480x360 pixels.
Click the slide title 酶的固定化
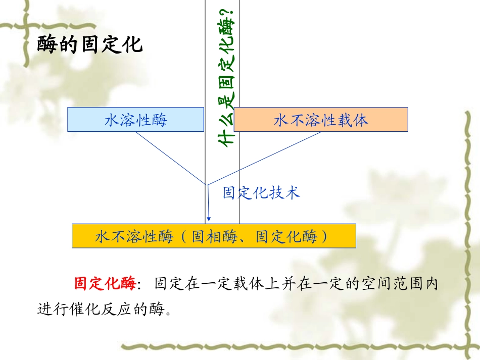tap(90, 45)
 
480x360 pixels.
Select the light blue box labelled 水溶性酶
tap(135, 120)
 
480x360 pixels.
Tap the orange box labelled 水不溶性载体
tap(321, 120)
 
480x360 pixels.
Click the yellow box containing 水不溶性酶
tap(213, 236)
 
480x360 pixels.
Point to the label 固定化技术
tap(261, 192)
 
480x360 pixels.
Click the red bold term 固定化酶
tap(105, 284)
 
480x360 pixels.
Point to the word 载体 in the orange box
tap(353, 120)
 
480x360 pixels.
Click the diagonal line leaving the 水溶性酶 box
tap(169, 157)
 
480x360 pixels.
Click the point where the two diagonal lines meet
tap(206, 184)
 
